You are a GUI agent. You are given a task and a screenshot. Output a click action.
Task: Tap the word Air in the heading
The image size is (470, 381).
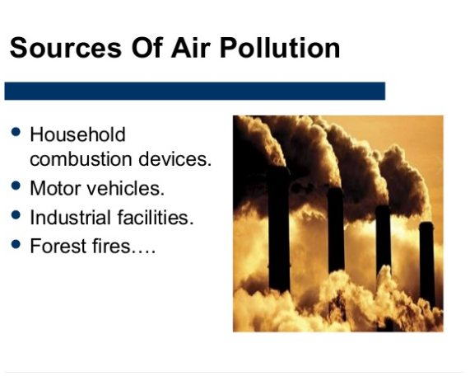199,48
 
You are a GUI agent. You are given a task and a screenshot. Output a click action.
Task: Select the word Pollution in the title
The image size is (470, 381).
284,48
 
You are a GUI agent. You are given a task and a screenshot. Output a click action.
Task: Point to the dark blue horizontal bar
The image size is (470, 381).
194,91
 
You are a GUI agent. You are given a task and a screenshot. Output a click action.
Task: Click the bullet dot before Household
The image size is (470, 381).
16,132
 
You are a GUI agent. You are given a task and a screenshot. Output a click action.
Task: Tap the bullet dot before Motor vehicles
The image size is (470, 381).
16,186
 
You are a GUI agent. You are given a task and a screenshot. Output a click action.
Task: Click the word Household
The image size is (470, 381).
77,134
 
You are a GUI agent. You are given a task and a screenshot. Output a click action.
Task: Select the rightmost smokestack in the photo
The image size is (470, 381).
426,264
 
